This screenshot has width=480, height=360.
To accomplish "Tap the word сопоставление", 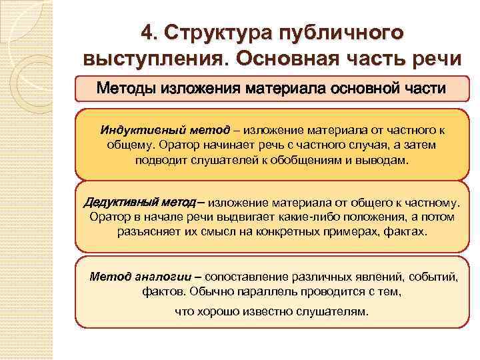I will click(x=243, y=275).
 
